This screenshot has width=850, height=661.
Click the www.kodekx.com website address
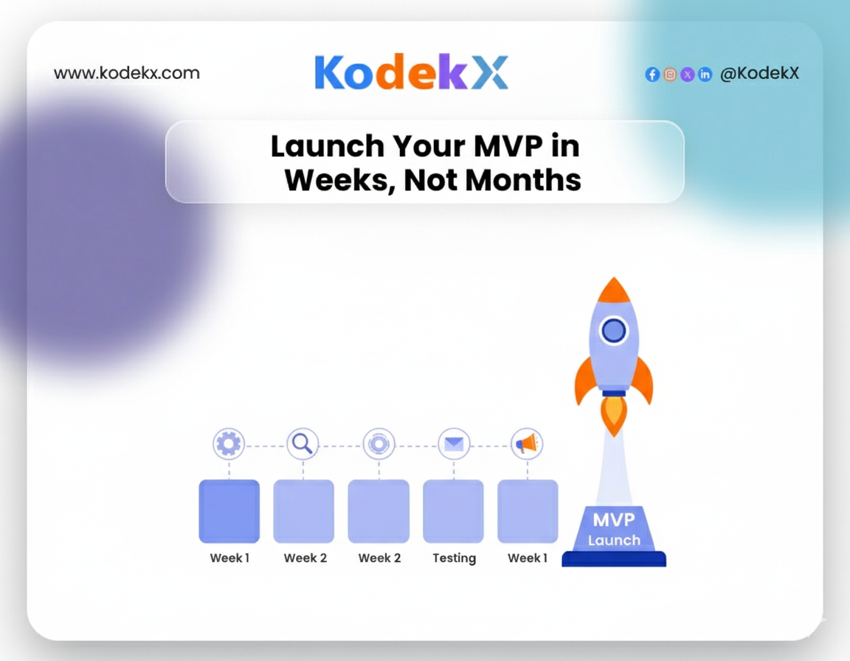[127, 72]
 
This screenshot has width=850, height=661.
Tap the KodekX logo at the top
[412, 72]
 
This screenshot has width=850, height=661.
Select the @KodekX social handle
[759, 73]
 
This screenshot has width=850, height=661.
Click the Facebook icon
[652, 75]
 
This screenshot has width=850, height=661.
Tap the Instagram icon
[670, 75]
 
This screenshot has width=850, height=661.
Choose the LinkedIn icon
[705, 75]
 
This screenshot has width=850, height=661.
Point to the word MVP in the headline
[508, 146]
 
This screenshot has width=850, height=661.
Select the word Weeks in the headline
[339, 181]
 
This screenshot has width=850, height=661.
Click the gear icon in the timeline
[229, 444]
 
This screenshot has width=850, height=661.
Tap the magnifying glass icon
[303, 443]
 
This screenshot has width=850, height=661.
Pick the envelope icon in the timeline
[454, 444]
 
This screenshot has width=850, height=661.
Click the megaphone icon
[527, 444]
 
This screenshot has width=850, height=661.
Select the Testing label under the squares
[455, 558]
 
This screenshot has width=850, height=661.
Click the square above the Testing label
[453, 511]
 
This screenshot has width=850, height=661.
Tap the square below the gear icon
[229, 511]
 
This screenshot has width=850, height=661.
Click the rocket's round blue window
[614, 330]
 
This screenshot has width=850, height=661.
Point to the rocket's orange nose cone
[614, 291]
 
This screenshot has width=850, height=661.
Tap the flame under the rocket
[614, 415]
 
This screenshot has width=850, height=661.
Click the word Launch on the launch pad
[614, 540]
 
